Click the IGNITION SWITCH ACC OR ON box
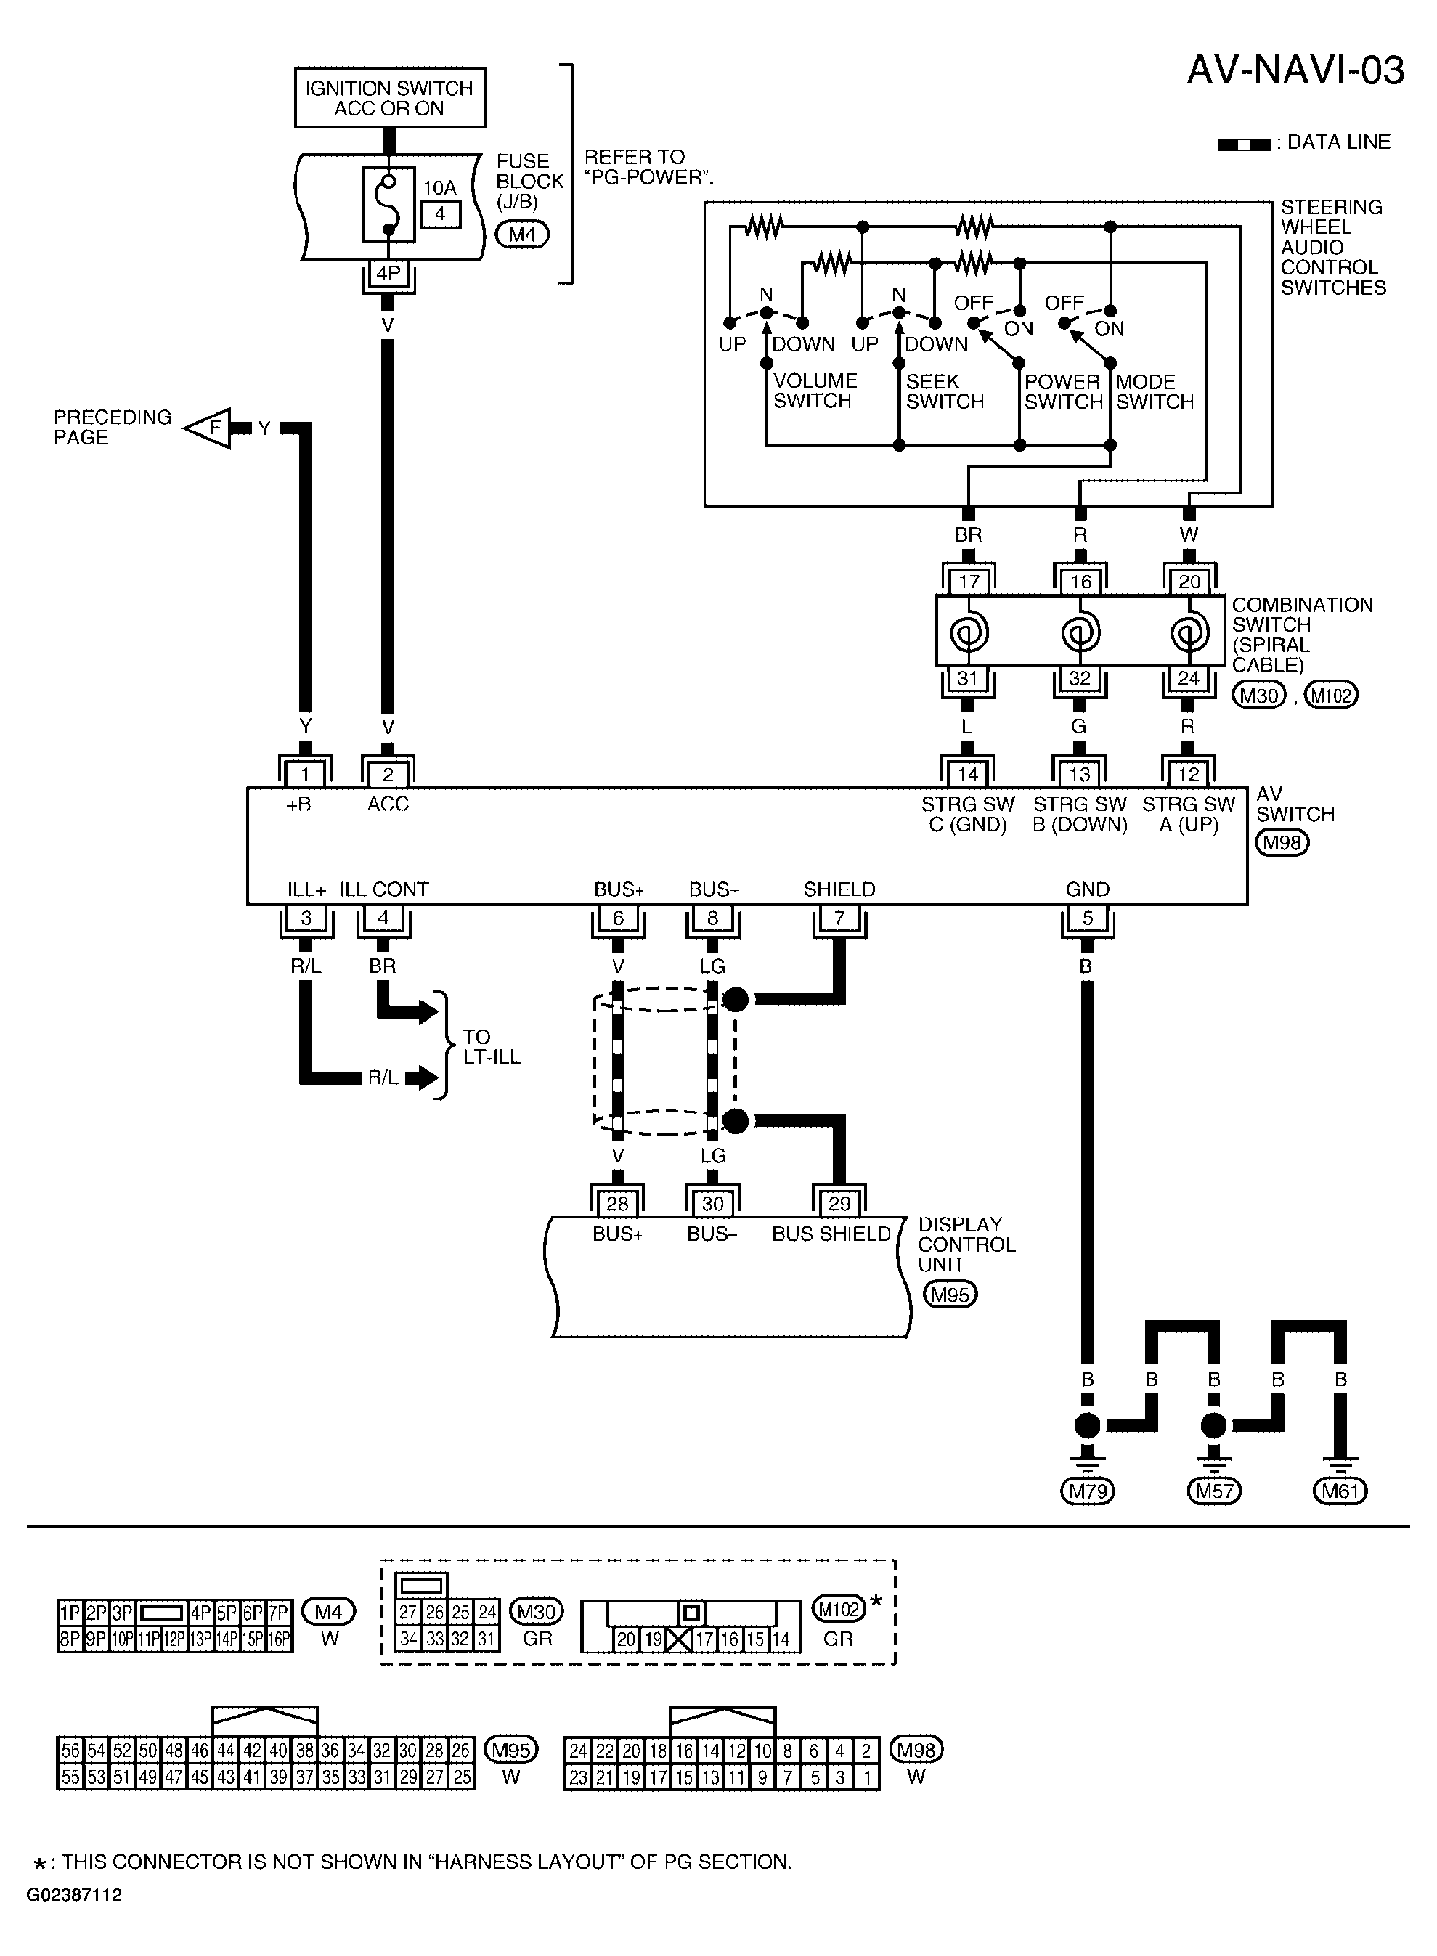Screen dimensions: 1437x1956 point(390,97)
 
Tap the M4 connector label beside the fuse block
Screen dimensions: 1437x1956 point(522,234)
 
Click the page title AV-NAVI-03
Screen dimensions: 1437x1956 point(1295,70)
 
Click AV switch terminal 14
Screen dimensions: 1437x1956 point(967,774)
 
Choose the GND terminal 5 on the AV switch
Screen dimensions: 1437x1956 point(1087,918)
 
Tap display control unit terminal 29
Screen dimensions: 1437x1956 point(839,1204)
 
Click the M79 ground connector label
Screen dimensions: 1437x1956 point(1087,1491)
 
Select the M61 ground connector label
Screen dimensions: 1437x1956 point(1340,1491)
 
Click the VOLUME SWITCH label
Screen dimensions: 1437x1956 point(815,391)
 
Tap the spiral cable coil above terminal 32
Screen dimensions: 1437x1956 point(1080,632)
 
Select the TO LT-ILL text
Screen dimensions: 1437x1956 point(492,1047)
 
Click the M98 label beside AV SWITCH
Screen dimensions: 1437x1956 point(1283,843)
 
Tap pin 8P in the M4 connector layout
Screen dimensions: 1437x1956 point(70,1640)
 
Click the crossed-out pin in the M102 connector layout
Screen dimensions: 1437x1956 point(678,1639)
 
